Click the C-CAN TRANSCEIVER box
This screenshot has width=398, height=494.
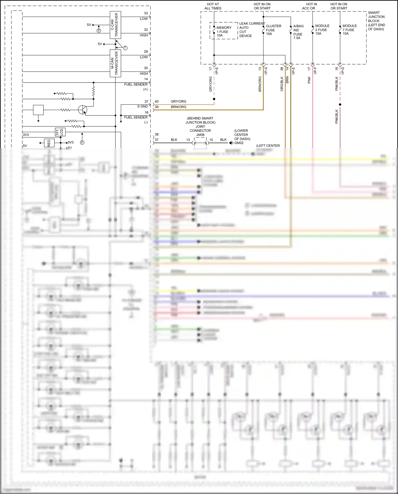(115, 25)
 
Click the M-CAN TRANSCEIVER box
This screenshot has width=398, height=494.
(115, 63)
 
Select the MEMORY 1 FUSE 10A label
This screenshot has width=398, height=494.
(224, 31)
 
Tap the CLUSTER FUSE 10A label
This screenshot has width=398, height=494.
(273, 30)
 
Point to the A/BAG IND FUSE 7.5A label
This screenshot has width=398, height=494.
(298, 32)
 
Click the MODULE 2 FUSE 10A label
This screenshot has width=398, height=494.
(322, 29)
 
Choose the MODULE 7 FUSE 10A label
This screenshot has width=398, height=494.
(349, 29)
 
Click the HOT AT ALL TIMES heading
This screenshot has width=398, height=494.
(213, 6)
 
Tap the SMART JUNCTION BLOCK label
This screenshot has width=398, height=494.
(376, 21)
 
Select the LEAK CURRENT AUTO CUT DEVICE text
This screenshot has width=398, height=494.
(252, 29)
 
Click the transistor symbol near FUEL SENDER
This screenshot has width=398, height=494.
(83, 110)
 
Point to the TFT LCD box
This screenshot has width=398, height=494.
(60, 132)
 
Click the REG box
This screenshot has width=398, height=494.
(49, 143)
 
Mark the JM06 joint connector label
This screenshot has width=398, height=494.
(200, 135)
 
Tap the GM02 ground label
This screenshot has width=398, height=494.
(239, 143)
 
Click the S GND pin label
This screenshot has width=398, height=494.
(142, 106)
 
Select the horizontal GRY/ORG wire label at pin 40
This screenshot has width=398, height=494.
(178, 101)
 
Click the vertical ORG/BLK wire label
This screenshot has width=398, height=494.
(282, 84)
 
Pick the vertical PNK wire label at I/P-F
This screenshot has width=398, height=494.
(309, 80)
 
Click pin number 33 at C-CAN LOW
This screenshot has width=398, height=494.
(146, 13)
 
